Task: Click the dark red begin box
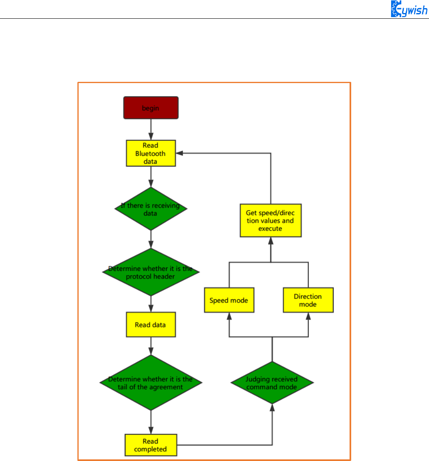pyautogui.click(x=151, y=108)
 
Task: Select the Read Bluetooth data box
pyautogui.click(x=151, y=153)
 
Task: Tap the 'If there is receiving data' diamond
pyautogui.click(x=151, y=209)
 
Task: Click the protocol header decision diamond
pyautogui.click(x=151, y=272)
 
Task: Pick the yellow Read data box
pyautogui.click(x=151, y=325)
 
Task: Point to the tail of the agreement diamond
pyautogui.click(x=151, y=383)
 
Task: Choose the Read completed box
pyautogui.click(x=151, y=445)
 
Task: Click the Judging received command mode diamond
pyautogui.click(x=272, y=383)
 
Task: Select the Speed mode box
pyautogui.click(x=229, y=301)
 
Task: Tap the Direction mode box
pyautogui.click(x=308, y=300)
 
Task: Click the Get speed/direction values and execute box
pyautogui.click(x=270, y=220)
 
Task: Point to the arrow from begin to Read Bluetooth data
pyautogui.click(x=151, y=130)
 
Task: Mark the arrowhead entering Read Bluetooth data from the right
pyautogui.click(x=179, y=153)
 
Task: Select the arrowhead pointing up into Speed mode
pyautogui.click(x=229, y=316)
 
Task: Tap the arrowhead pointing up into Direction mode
pyautogui.click(x=308, y=316)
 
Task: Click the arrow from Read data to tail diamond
pyautogui.click(x=151, y=346)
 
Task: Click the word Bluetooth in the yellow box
pyautogui.click(x=150, y=154)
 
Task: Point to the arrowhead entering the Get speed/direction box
pyautogui.click(x=270, y=240)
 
